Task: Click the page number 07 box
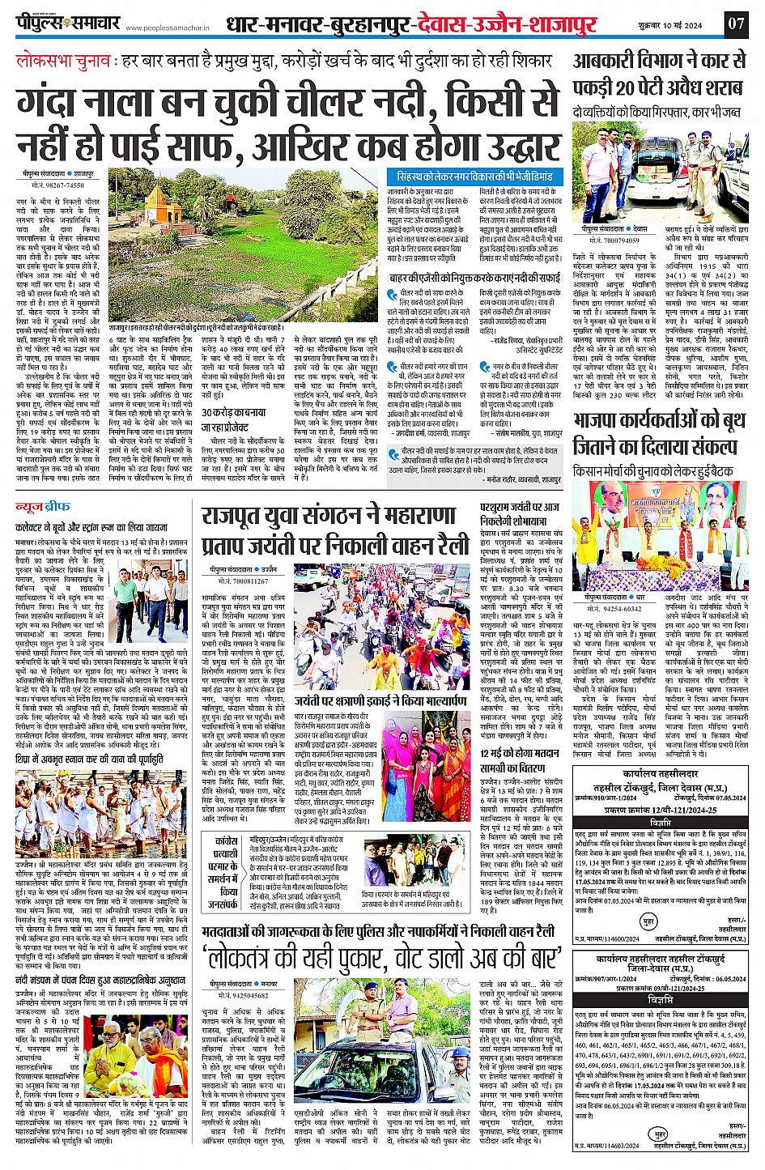coord(735,23)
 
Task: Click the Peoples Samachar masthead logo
coord(68,23)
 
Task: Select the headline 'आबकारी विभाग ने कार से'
coord(660,62)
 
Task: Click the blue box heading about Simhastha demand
coord(475,176)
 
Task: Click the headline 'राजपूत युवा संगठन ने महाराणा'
coord(336,515)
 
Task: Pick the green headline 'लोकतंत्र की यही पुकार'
coord(382,956)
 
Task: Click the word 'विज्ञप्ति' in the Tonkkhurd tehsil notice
coord(660,823)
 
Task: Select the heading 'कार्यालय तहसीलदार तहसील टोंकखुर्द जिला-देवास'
coord(660,964)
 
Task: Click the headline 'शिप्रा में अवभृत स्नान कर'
coord(89,759)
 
